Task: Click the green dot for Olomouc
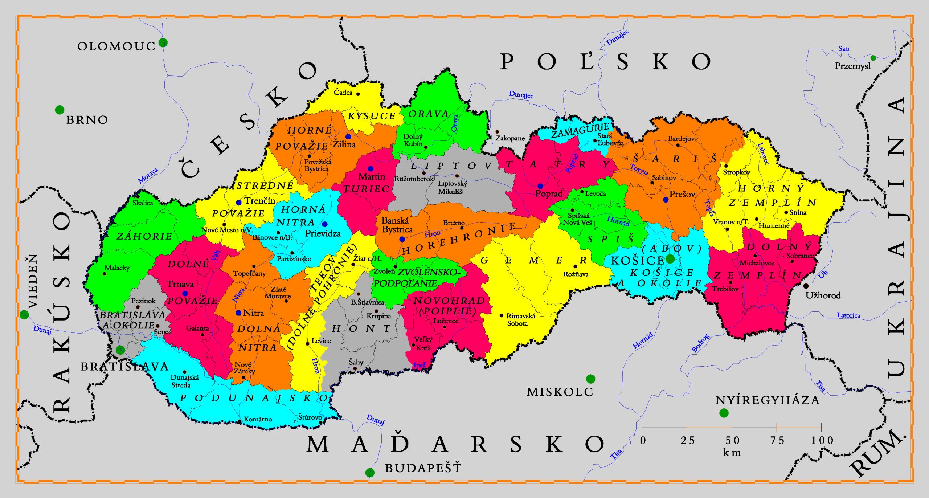click(163, 42)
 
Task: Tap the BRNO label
click(87, 120)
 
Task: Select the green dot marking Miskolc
click(590, 379)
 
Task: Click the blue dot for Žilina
click(348, 137)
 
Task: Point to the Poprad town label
click(549, 194)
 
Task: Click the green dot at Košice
click(670, 259)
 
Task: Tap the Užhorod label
click(823, 295)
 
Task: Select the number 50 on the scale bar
click(732, 441)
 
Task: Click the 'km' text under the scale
click(732, 453)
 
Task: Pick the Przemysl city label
click(852, 66)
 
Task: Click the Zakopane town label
click(510, 138)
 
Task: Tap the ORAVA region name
click(429, 114)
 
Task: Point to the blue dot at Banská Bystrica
click(402, 239)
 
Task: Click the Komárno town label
click(258, 419)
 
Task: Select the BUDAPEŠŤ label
click(423, 468)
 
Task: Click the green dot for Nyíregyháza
click(724, 413)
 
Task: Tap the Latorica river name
click(848, 315)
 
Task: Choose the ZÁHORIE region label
click(144, 236)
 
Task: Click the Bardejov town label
click(681, 139)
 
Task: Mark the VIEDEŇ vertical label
click(33, 281)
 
